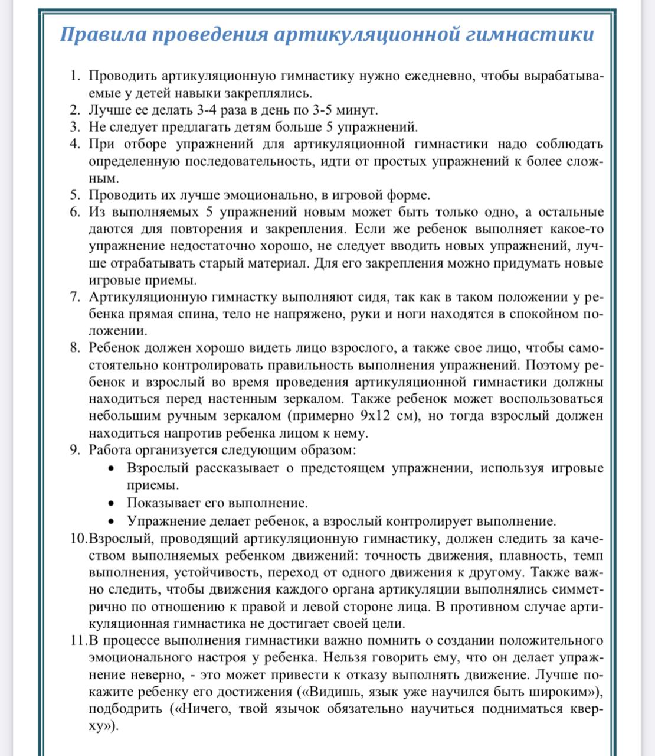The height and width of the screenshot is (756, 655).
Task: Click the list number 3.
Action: coord(74,127)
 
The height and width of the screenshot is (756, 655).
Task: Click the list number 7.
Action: coord(74,297)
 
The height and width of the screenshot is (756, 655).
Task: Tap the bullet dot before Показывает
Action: coord(112,504)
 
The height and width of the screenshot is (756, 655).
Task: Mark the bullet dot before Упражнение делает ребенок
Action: coord(112,522)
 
